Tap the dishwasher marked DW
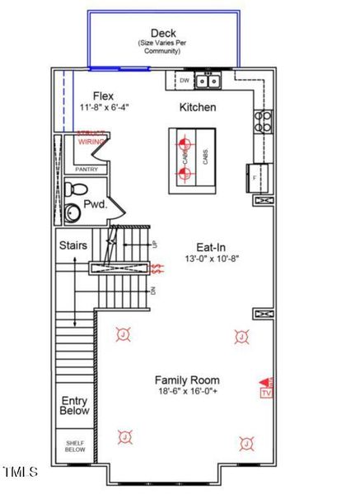[184, 81]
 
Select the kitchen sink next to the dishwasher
[209, 81]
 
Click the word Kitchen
[198, 108]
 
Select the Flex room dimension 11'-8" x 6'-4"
[105, 108]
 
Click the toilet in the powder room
[76, 189]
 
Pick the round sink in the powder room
[73, 213]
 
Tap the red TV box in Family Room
[265, 393]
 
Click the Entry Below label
[75, 405]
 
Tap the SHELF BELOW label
[75, 446]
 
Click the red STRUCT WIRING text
[91, 137]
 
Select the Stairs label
[73, 245]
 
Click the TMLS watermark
[21, 472]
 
